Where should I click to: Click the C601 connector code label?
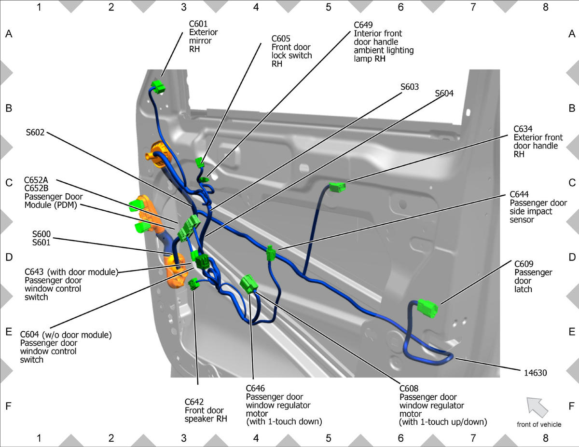(198, 24)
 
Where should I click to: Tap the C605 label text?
(281, 39)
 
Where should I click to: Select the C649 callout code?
(363, 25)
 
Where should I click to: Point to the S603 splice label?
(410, 87)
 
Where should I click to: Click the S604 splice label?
(444, 94)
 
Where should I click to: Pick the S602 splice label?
(35, 132)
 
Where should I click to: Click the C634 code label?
(523, 129)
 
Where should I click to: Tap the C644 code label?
(519, 195)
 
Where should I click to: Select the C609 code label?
(524, 264)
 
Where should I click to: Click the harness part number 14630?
(535, 373)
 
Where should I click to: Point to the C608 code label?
(409, 389)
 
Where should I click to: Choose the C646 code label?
(255, 389)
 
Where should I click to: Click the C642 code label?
(194, 402)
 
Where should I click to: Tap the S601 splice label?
(41, 243)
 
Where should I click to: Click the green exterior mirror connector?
(158, 87)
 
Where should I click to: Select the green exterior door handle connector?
(338, 187)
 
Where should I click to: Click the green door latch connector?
(427, 308)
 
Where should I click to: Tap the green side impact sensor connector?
(271, 253)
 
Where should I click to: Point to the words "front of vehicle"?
(539, 425)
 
